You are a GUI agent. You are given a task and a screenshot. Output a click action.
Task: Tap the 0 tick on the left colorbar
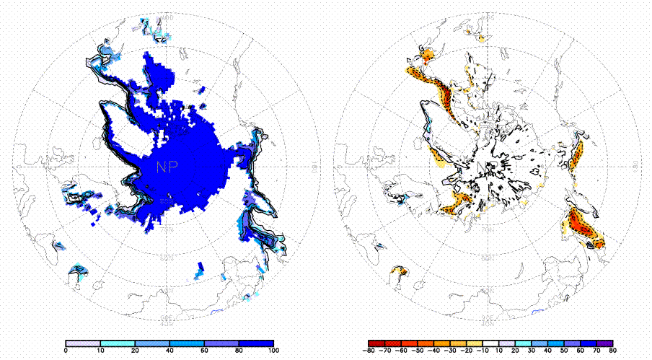(66, 351)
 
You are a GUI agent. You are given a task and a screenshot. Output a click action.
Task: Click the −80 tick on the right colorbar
(368, 351)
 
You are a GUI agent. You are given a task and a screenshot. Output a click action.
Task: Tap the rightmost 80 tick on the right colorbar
(612, 351)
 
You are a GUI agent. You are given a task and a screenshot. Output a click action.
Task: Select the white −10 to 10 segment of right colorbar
(490, 343)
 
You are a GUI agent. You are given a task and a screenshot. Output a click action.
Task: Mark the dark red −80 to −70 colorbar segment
(375, 343)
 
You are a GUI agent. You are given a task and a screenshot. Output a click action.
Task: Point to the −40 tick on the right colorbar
(429, 351)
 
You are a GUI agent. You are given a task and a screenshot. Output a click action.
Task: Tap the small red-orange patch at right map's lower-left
(397, 271)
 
